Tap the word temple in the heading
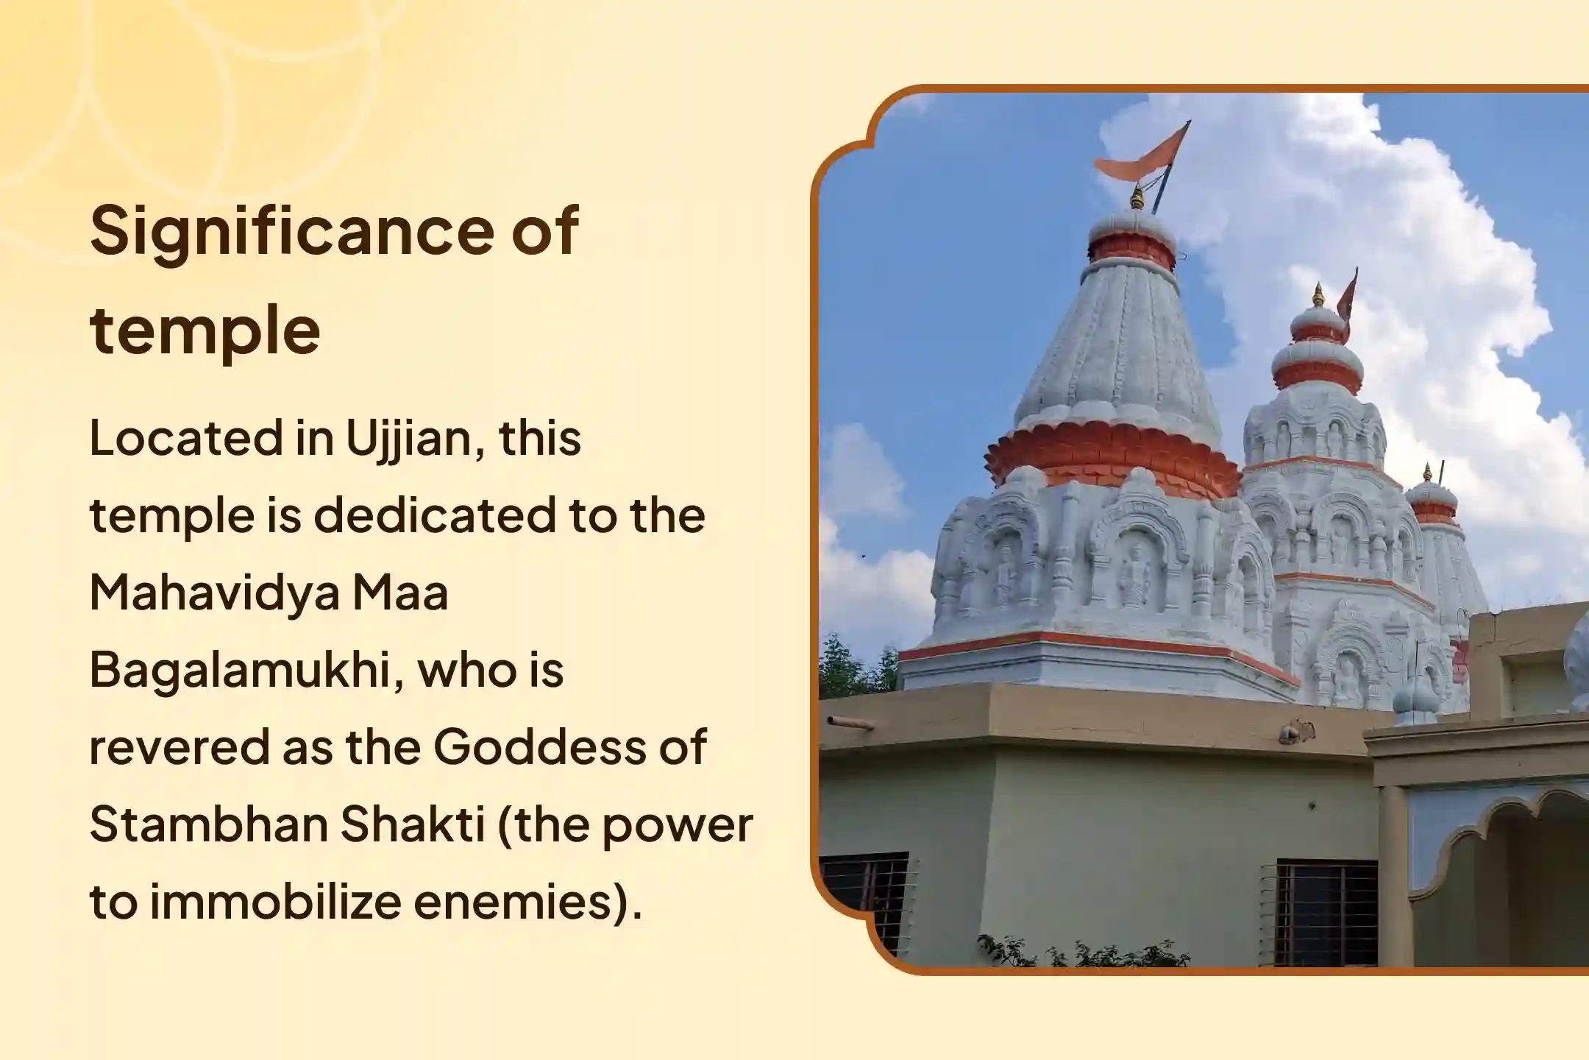(205, 331)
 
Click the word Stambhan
(209, 825)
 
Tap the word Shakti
(413, 825)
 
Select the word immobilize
(275, 902)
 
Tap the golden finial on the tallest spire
(1139, 197)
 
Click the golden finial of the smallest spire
(1428, 473)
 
